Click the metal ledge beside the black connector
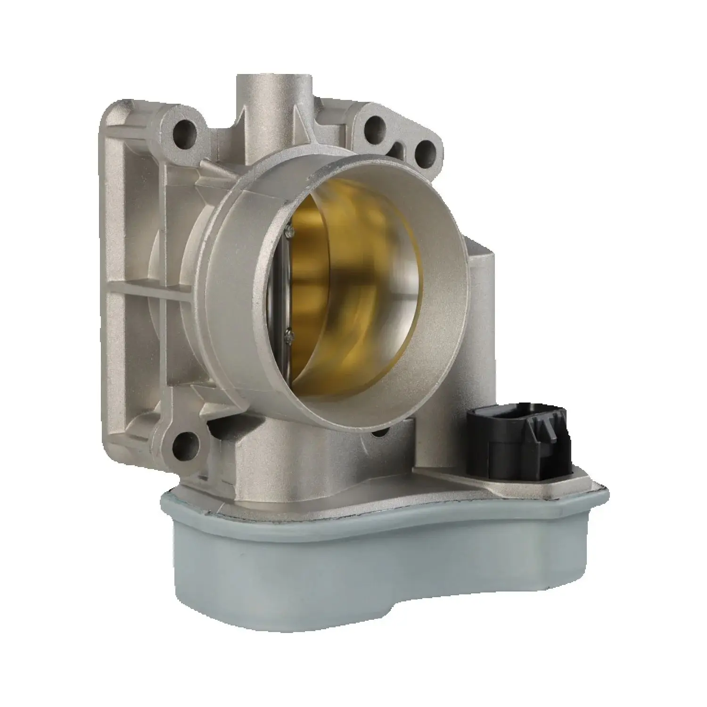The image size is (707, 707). (x=452, y=476)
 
